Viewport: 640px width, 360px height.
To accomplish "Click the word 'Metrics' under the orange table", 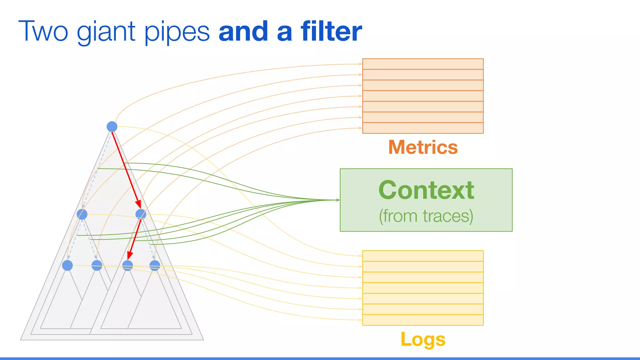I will (423, 147).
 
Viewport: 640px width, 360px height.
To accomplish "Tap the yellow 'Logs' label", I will (423, 339).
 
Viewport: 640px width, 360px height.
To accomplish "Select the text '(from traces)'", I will (426, 216).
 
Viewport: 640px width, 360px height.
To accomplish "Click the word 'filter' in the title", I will (331, 31).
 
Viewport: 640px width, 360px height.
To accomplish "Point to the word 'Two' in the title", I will (43, 31).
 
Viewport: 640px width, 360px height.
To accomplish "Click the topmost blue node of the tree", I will (112, 127).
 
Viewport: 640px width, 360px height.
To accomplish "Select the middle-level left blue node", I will (82, 214).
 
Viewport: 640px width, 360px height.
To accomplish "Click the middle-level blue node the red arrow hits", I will (141, 214).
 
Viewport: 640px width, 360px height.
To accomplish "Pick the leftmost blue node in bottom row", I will (67, 265).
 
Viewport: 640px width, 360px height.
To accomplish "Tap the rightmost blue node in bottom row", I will (155, 265).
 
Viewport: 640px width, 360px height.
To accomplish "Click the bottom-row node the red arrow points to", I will (127, 265).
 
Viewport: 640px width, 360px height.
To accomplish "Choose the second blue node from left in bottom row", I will (97, 265).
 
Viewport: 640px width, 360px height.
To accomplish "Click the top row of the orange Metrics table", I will (423, 64).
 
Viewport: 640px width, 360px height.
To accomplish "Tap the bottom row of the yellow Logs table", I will (423, 320).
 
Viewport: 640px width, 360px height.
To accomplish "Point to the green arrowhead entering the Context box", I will (338, 200).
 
